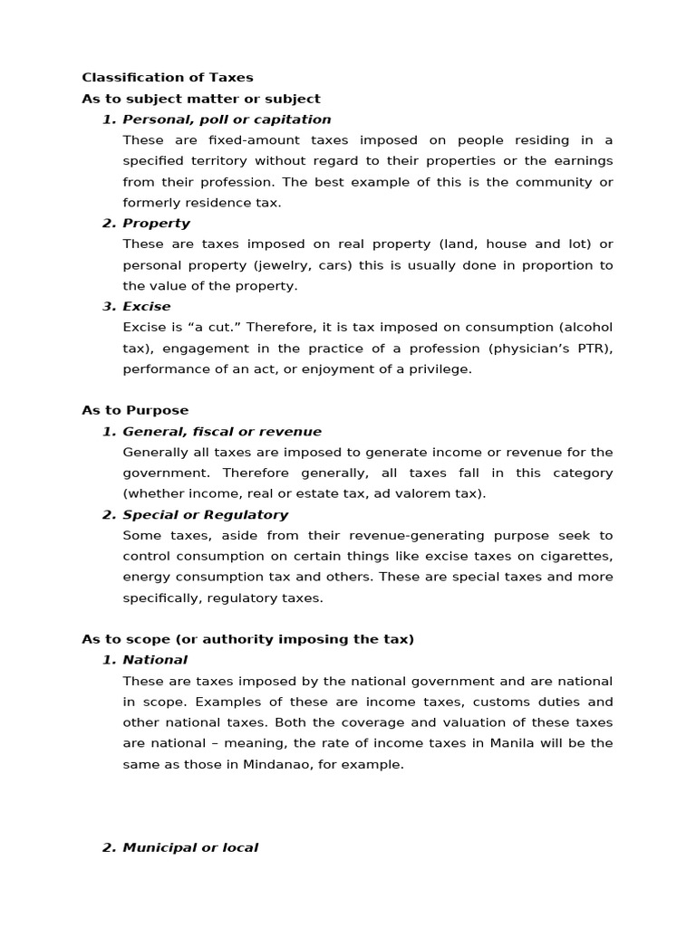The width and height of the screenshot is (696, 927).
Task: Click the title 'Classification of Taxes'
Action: pyautogui.click(x=168, y=78)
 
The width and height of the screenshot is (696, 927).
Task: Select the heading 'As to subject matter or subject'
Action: pyautogui.click(x=201, y=99)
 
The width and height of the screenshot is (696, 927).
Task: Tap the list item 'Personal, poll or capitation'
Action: pyautogui.click(x=227, y=119)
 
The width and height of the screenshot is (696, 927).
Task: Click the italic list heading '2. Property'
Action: pyautogui.click(x=146, y=223)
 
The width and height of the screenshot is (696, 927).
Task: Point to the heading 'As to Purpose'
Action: pyautogui.click(x=135, y=410)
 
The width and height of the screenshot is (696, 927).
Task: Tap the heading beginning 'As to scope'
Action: pyautogui.click(x=247, y=639)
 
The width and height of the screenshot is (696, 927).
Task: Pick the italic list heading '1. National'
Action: pyautogui.click(x=144, y=660)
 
